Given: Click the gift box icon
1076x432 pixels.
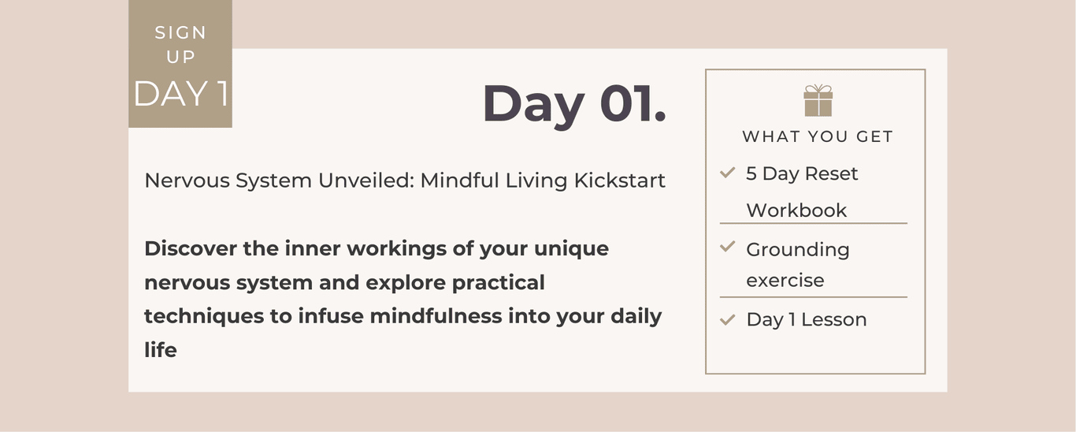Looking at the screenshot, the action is click(818, 100).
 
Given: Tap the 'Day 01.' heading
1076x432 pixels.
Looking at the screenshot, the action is click(574, 104).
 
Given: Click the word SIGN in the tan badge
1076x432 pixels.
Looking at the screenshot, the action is click(180, 32).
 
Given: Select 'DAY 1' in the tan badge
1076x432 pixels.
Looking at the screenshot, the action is click(181, 93).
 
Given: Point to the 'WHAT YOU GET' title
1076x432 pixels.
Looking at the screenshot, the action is click(818, 136).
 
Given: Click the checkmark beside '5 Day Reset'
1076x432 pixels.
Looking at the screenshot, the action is click(728, 172).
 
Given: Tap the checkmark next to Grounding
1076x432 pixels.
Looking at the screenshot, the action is click(728, 247).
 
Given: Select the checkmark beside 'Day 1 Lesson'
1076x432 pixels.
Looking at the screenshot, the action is click(728, 319).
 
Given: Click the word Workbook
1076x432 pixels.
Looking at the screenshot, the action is click(796, 210).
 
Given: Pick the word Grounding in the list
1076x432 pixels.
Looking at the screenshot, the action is click(798, 250).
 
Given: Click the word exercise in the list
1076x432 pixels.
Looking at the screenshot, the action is click(785, 280).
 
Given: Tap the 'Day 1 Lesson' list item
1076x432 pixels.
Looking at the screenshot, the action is click(807, 319).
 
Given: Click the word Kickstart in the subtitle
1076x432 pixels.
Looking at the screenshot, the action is click(620, 181).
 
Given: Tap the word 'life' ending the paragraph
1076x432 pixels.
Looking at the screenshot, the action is click(161, 350).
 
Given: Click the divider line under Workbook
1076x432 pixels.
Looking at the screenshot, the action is click(813, 223).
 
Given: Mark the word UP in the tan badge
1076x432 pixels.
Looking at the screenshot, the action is click(180, 57).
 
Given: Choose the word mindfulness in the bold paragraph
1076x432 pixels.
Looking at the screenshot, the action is click(436, 316).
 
